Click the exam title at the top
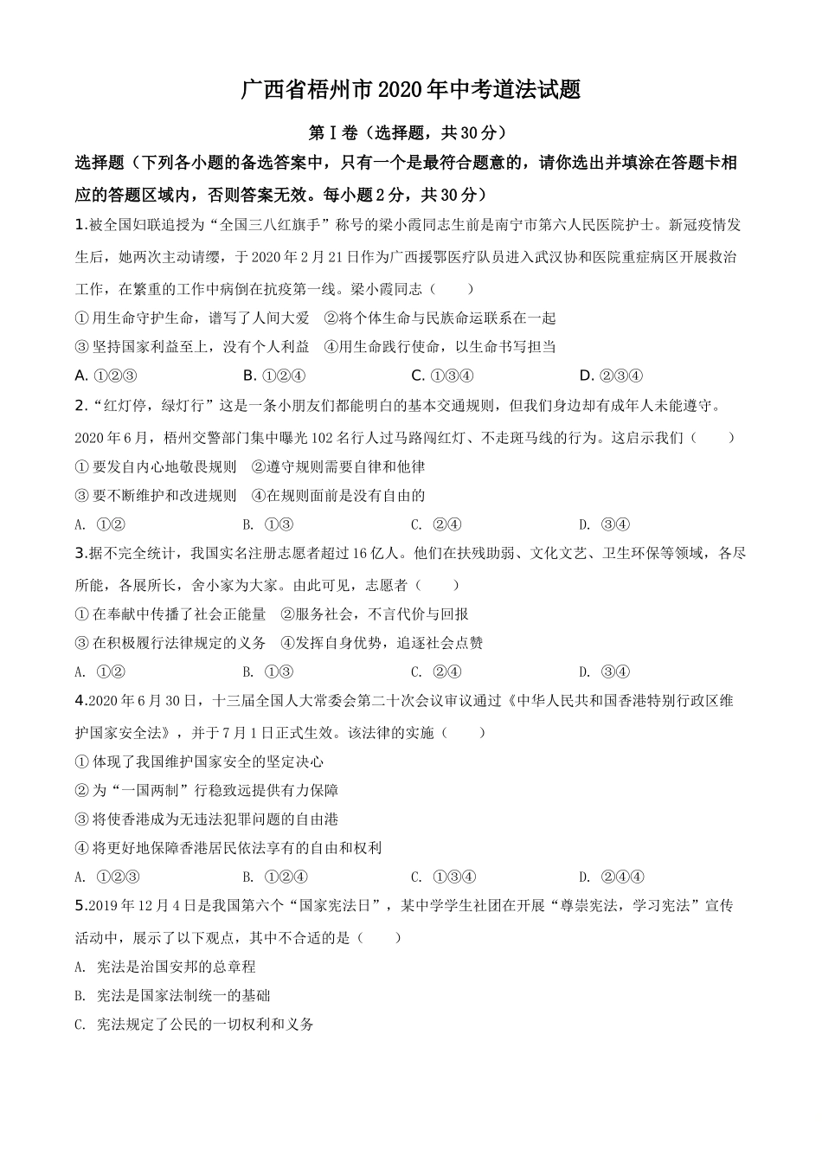pos(410,90)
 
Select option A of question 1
pos(106,376)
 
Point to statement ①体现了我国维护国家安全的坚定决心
pos(200,761)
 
